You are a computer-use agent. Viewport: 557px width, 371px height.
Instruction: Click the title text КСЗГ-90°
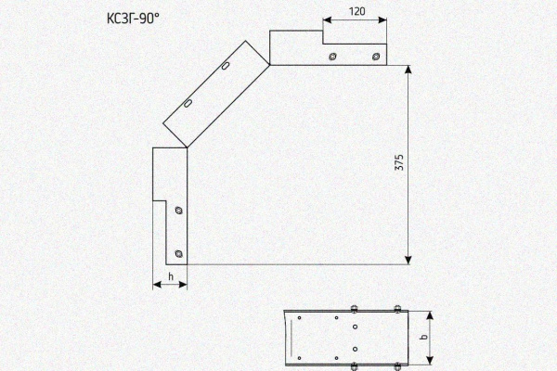[x=133, y=19]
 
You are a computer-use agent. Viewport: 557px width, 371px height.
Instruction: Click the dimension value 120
[x=356, y=12]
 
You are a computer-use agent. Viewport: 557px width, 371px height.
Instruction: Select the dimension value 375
[x=399, y=162]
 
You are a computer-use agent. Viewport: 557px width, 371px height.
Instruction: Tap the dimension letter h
[x=171, y=276]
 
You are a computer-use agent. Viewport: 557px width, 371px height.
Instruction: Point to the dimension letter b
[x=423, y=337]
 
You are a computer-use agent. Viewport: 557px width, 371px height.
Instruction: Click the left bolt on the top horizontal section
[x=332, y=57]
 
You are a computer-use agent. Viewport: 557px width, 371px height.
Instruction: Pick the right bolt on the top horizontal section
[x=376, y=57]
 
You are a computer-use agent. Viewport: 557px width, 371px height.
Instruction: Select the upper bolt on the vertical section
[x=179, y=211]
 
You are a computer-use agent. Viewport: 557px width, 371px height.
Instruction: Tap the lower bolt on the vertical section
[x=179, y=253]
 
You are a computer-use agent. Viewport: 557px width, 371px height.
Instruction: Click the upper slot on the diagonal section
[x=226, y=66]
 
